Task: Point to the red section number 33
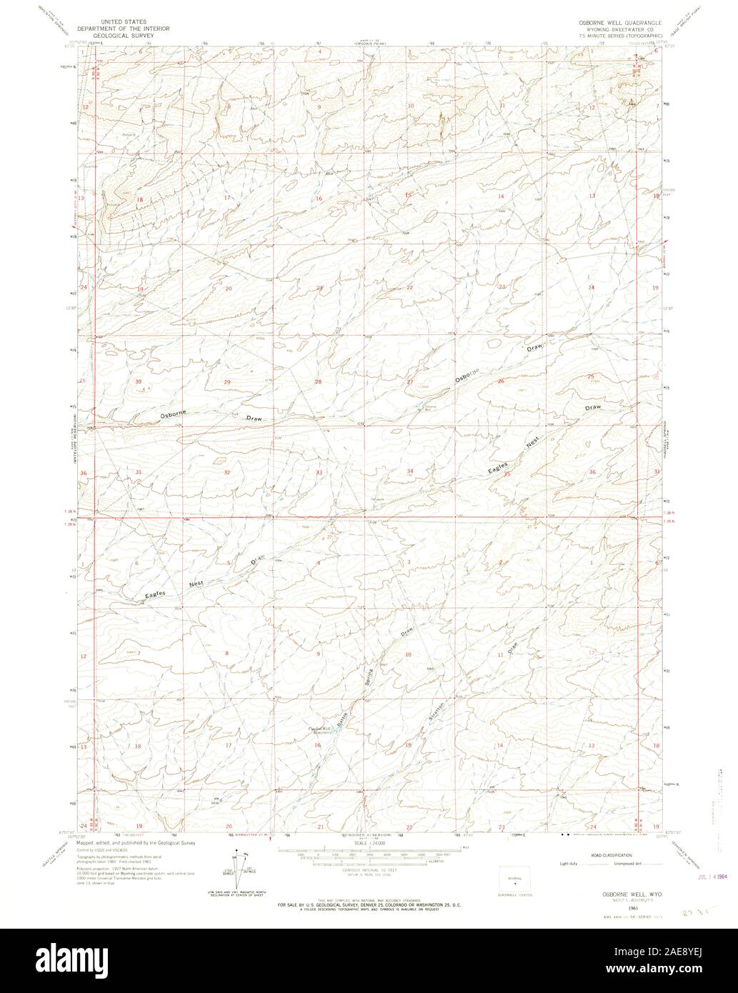click(319, 472)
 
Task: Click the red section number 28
click(319, 381)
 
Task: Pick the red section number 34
click(410, 471)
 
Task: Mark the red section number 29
click(227, 382)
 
